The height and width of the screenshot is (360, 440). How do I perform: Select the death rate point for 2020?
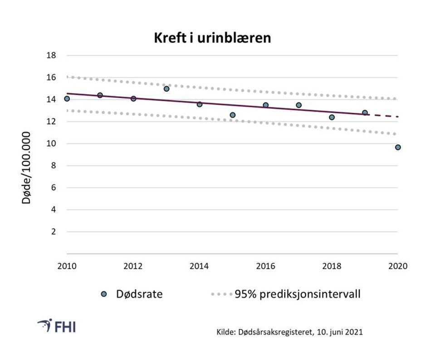click(398, 147)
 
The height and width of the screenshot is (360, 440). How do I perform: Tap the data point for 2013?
click(166, 89)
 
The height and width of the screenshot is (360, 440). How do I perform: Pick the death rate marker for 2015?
click(233, 115)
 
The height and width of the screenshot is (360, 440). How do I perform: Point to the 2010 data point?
click(67, 99)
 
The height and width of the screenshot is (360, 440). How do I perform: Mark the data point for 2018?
click(332, 117)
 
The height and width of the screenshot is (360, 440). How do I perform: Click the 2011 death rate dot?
click(100, 95)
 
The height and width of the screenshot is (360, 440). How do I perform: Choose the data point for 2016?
click(265, 105)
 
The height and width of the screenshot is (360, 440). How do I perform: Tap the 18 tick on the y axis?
click(51, 56)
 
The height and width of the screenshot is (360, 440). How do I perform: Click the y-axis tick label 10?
click(51, 144)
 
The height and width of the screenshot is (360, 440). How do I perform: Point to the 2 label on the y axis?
click(53, 232)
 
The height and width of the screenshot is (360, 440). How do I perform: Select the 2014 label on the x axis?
click(199, 267)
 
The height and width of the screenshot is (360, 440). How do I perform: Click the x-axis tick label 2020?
click(398, 267)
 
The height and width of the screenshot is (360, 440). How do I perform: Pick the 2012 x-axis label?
click(133, 267)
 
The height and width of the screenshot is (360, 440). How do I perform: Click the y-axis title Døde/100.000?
click(27, 167)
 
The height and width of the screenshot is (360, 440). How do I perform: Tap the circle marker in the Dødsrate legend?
click(104, 294)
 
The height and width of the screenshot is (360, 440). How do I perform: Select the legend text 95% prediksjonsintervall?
click(297, 294)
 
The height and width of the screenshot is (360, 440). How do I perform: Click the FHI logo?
click(57, 326)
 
